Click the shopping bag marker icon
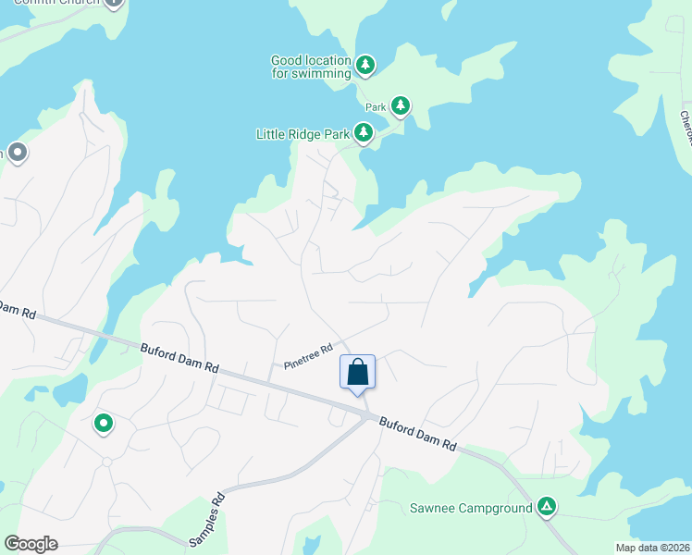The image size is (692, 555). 358,373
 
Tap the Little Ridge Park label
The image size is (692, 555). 303,135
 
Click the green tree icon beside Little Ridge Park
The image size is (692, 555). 365,134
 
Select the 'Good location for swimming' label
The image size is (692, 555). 311,67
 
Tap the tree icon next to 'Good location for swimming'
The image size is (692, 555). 366,65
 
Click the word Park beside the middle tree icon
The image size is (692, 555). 376,107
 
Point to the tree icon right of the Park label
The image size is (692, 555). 400,106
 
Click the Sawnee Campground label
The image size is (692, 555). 471,508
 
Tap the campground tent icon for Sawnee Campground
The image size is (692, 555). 547,506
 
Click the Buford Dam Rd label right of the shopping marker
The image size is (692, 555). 417,432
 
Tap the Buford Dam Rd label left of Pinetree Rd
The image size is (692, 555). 179,358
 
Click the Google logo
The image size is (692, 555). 31,543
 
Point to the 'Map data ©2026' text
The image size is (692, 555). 653,548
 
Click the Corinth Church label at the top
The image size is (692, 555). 59,3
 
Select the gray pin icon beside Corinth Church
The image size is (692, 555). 114,2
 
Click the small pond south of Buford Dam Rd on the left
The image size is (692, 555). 70,392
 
